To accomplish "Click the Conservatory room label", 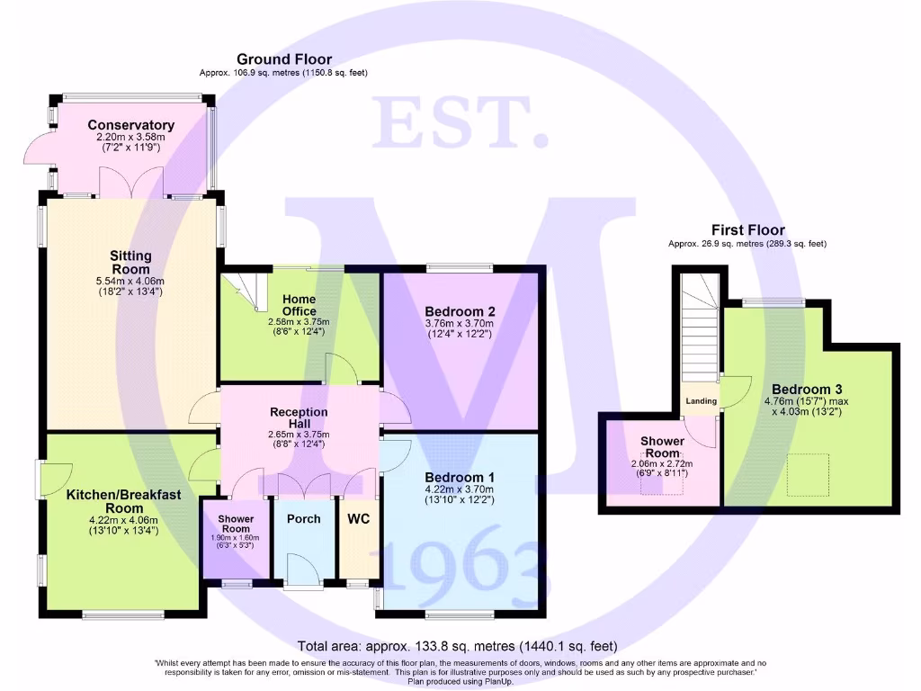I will [x=131, y=125].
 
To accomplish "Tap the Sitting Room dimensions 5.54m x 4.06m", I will [x=131, y=280].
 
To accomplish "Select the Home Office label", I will [x=299, y=305].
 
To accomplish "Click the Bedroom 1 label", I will [x=460, y=477].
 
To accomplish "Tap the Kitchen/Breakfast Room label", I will [x=124, y=501].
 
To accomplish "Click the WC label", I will [x=358, y=519].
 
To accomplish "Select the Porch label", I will [x=303, y=519].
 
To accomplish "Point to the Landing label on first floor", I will [x=702, y=400].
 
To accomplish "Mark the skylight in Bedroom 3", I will [x=809, y=474].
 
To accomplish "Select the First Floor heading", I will [x=747, y=230].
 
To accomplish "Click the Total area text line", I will [x=458, y=646].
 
